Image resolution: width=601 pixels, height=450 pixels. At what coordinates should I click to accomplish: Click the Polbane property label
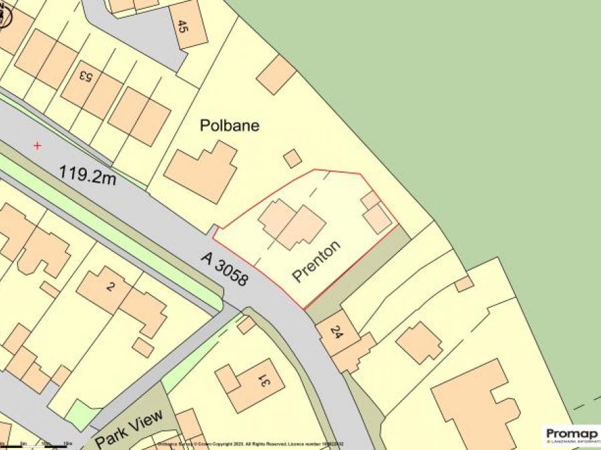coord(230,125)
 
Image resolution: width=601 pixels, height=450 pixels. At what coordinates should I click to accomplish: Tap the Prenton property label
coord(317,261)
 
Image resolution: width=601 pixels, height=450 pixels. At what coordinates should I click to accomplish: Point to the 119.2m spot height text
coord(87,175)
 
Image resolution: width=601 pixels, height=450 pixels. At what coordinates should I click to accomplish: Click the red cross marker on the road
coord(37,145)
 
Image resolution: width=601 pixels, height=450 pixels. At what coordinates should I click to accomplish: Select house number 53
coord(85,75)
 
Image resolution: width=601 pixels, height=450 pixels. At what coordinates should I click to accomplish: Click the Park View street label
coord(129,429)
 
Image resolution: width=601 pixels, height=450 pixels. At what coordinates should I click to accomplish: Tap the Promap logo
coord(572,435)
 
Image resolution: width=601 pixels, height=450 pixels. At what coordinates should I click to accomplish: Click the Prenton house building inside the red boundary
coord(292,225)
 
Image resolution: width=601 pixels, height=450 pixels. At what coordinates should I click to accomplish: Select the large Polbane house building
coord(200,170)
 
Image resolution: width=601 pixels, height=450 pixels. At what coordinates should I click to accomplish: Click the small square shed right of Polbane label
coord(292,158)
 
